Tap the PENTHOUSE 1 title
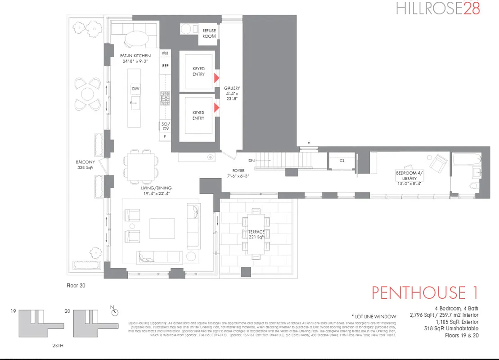pos(424,292)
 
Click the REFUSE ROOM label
pos(209,33)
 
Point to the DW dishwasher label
pos(135,89)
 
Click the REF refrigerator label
pos(165,65)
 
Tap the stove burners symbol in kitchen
pos(165,99)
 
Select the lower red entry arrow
pos(216,107)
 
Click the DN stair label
pos(252,161)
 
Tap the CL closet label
pos(342,160)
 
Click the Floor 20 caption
pos(76,285)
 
